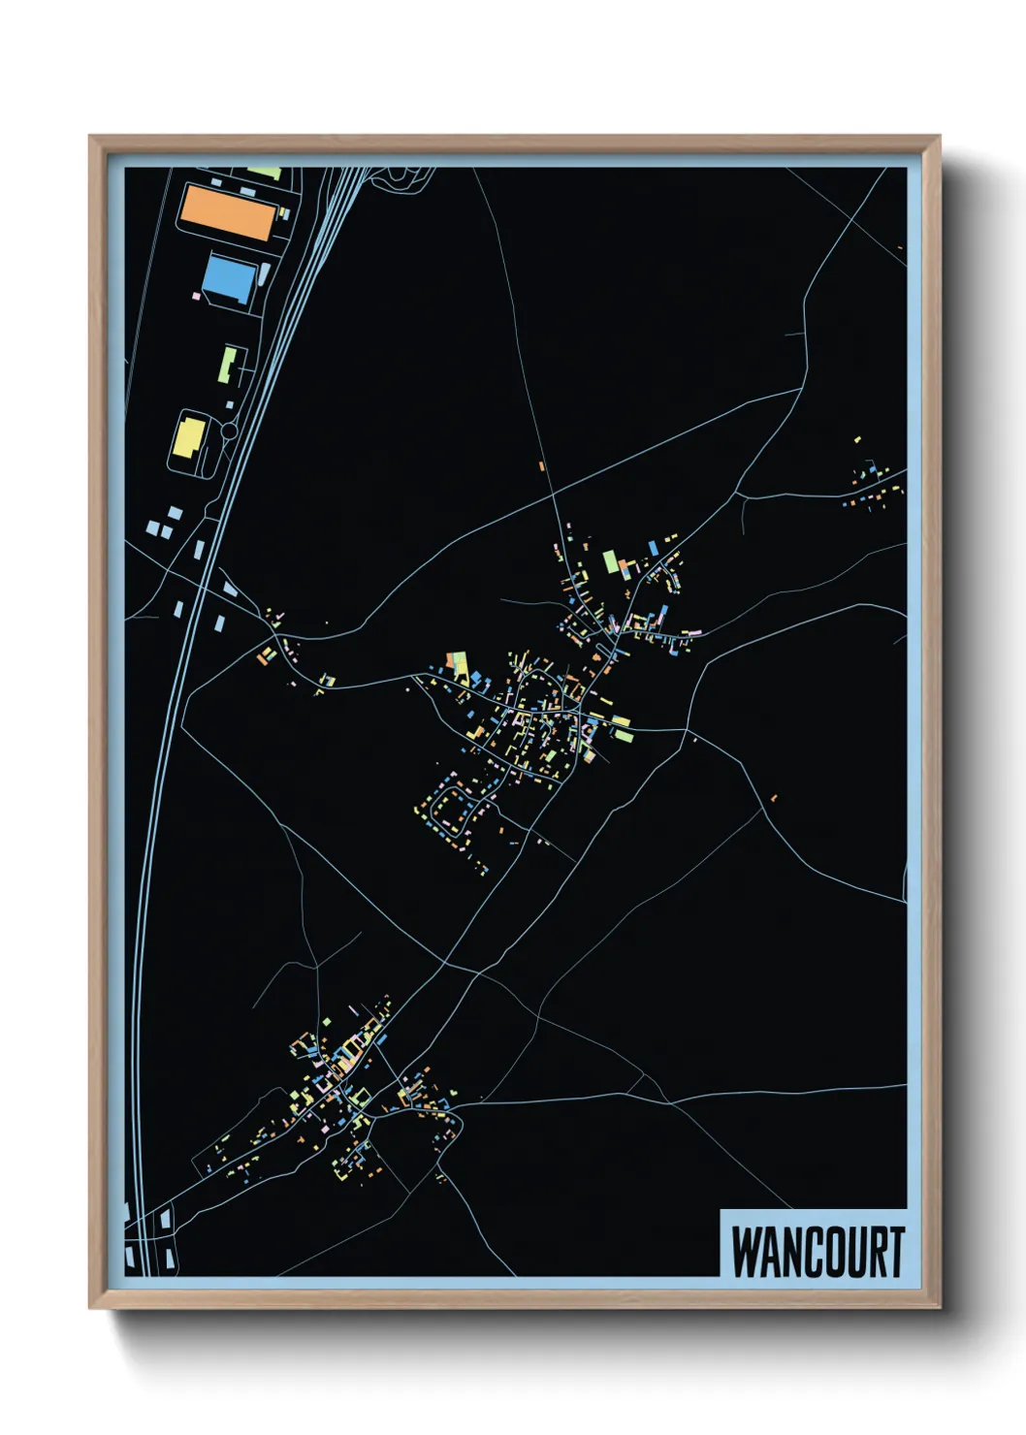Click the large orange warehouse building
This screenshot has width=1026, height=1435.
[x=227, y=213]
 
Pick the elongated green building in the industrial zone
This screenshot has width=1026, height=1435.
[x=228, y=365]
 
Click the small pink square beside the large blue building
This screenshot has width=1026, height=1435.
[x=198, y=295]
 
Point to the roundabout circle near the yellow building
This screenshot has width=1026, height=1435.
[x=230, y=430]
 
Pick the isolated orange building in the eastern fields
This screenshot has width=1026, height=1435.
[x=773, y=798]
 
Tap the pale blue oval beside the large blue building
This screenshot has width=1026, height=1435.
[x=266, y=274]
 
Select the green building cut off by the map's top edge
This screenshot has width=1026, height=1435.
[x=265, y=173]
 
